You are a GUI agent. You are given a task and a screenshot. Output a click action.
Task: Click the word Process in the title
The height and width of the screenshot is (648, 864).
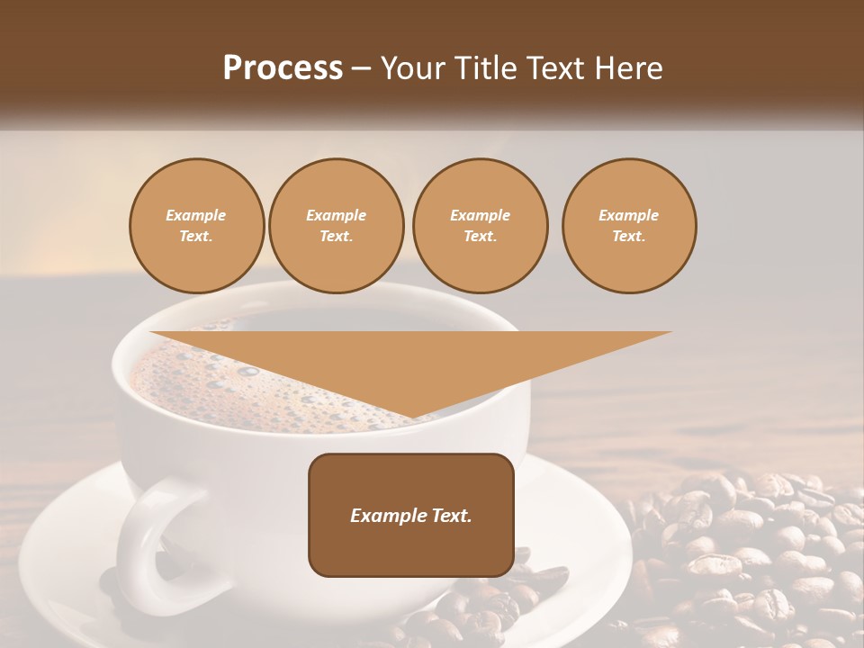click(x=283, y=68)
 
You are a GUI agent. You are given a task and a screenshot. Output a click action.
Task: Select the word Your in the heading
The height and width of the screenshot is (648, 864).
click(x=414, y=68)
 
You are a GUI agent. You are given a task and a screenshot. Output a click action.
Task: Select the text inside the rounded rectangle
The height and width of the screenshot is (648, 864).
click(x=411, y=516)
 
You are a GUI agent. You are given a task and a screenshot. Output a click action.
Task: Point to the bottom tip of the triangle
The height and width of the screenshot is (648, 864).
click(x=411, y=418)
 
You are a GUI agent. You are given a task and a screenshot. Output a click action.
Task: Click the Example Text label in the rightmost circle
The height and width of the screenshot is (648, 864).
click(x=629, y=225)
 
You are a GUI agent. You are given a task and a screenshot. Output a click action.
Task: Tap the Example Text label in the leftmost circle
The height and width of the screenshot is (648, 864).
click(x=196, y=225)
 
